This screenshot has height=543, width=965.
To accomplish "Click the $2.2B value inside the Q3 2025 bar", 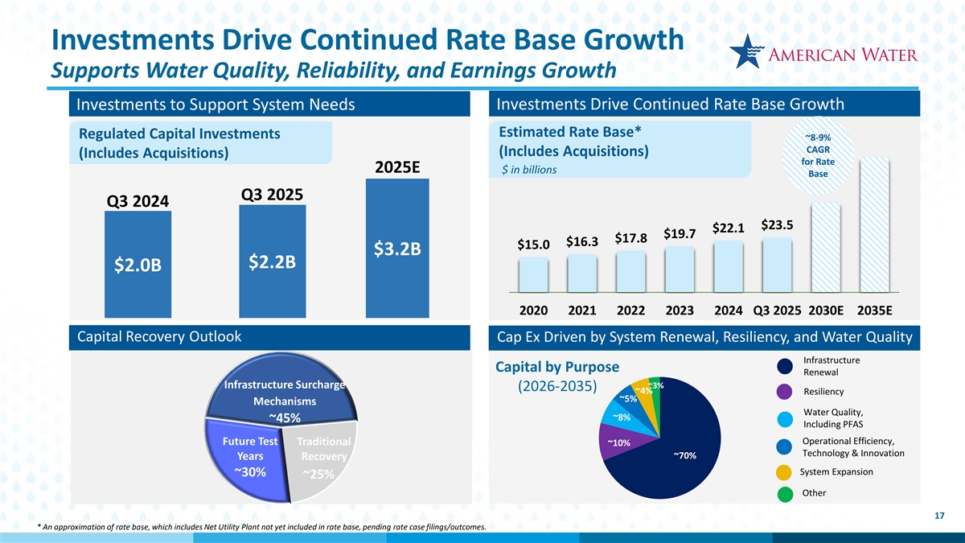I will [273, 263].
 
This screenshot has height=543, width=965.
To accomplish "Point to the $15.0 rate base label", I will [533, 245].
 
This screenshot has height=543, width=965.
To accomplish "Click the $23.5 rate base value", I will [777, 225].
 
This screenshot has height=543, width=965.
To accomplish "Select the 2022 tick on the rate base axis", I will [632, 311].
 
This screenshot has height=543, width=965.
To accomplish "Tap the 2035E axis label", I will [874, 311].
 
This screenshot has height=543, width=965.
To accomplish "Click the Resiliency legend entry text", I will [823, 392].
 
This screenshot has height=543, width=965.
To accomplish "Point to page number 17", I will [939, 516].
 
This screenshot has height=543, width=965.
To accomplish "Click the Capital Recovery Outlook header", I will [158, 336].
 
